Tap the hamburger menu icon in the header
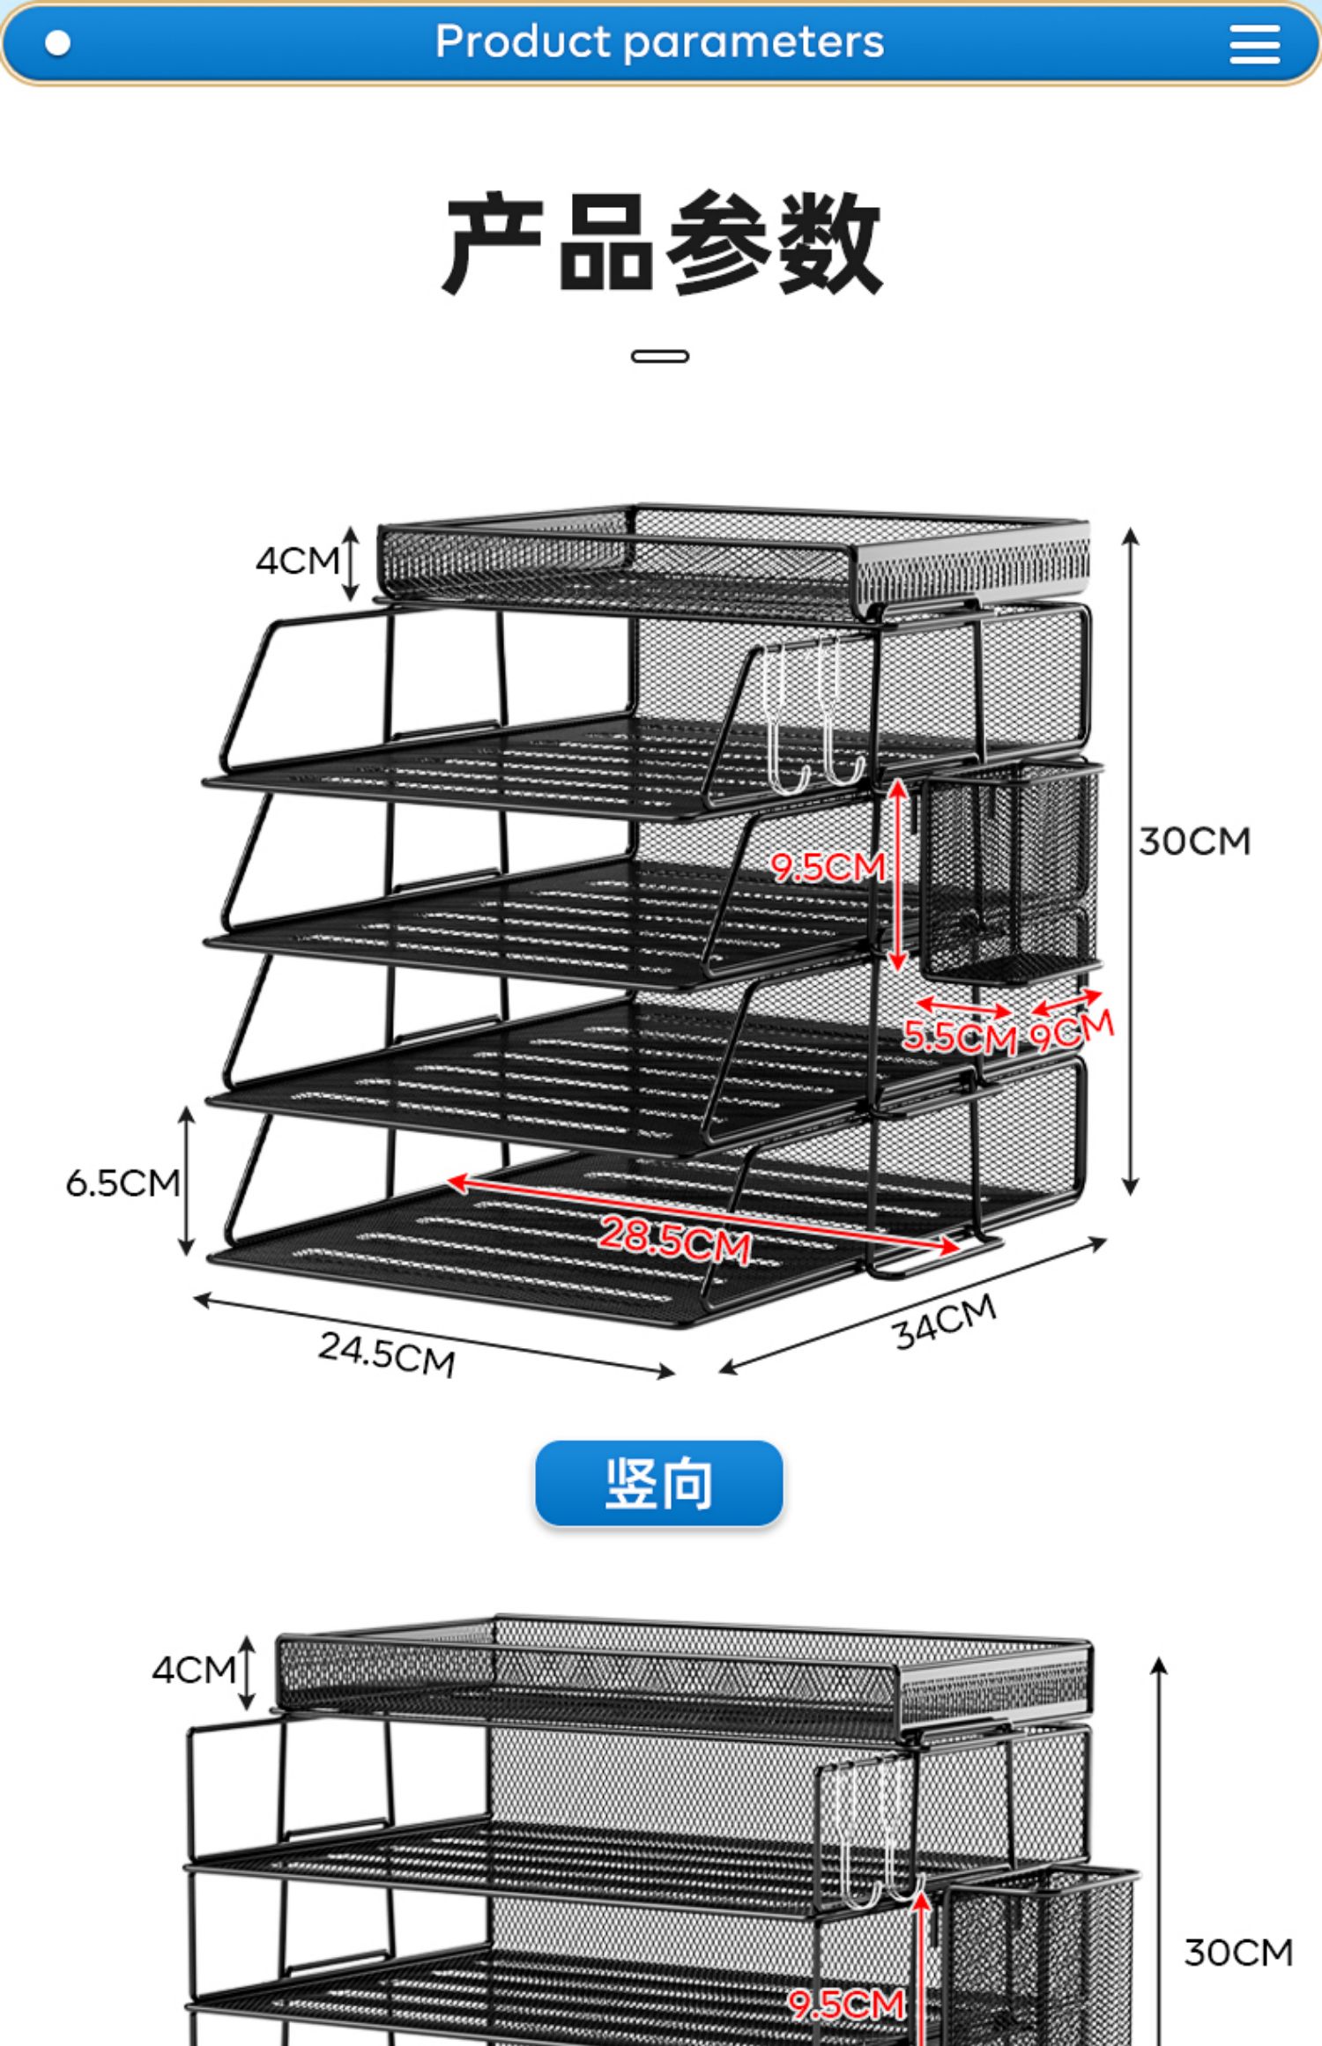tap(1254, 43)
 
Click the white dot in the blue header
tap(58, 43)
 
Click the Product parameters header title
tap(659, 41)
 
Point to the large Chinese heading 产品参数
tap(662, 242)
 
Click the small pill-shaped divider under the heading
tap(660, 356)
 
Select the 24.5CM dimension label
tap(387, 1353)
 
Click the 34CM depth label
tap(945, 1322)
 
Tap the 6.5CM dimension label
tap(123, 1183)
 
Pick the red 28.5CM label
tap(675, 1240)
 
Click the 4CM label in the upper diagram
tap(297, 560)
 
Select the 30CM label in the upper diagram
tap(1194, 841)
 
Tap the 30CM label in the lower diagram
tap(1238, 1953)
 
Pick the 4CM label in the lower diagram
tap(193, 1670)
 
